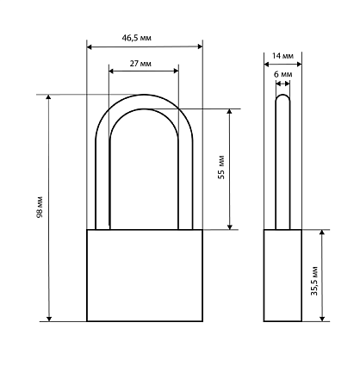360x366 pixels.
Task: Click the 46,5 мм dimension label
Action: click(137, 38)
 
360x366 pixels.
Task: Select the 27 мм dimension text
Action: click(140, 64)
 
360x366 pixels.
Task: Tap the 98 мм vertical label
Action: click(40, 207)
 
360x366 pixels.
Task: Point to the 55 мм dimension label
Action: click(221, 168)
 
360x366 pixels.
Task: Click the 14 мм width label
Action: click(282, 56)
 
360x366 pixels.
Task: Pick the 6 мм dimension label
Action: click(283, 74)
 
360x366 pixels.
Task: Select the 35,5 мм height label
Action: click(314, 282)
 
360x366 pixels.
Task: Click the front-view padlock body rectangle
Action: click(145, 276)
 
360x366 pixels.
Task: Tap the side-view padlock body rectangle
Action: click(282, 276)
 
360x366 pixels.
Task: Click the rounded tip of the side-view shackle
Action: click(282, 95)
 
